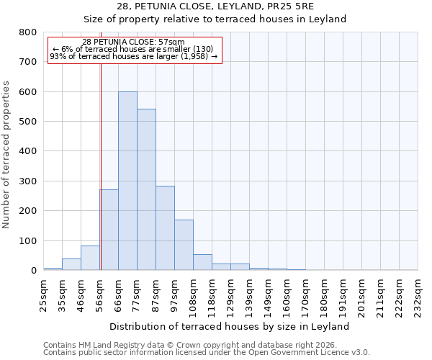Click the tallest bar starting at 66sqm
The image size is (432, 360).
pos(127,181)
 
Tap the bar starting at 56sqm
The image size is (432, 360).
pos(109,230)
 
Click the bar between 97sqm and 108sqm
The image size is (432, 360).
pos(184,245)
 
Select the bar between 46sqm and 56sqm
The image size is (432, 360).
pos(90,258)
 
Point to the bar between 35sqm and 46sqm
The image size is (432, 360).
pos(71,264)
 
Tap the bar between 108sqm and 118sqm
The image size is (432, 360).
pos(202,262)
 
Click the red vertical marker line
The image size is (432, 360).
pos(101,166)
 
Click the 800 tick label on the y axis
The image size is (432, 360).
pos(27,32)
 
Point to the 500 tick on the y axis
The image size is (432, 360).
pos(27,122)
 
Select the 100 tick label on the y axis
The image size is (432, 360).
pos(27,240)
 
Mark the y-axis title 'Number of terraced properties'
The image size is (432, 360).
pos(6,155)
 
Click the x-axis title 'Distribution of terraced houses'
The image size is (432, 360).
pos(230,326)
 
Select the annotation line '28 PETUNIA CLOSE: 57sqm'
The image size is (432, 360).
pos(133,42)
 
